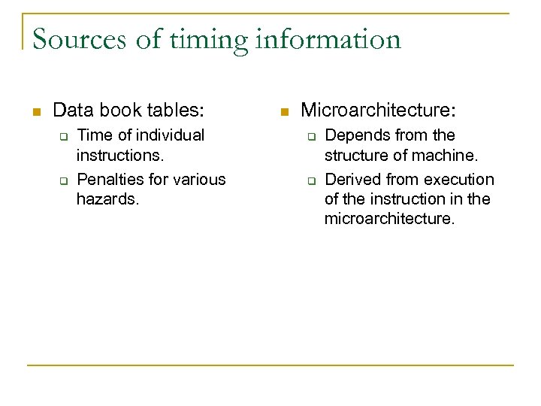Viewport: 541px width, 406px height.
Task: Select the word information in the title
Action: pyautogui.click(x=328, y=39)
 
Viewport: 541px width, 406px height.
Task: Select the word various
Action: pyautogui.click(x=199, y=179)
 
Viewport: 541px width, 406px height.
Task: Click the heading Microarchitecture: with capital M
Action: pyautogui.click(x=378, y=111)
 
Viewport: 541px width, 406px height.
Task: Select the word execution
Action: pyautogui.click(x=460, y=179)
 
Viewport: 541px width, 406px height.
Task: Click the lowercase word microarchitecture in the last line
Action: pyautogui.click(x=390, y=219)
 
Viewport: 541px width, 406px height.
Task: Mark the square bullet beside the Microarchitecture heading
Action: pyautogui.click(x=283, y=112)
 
